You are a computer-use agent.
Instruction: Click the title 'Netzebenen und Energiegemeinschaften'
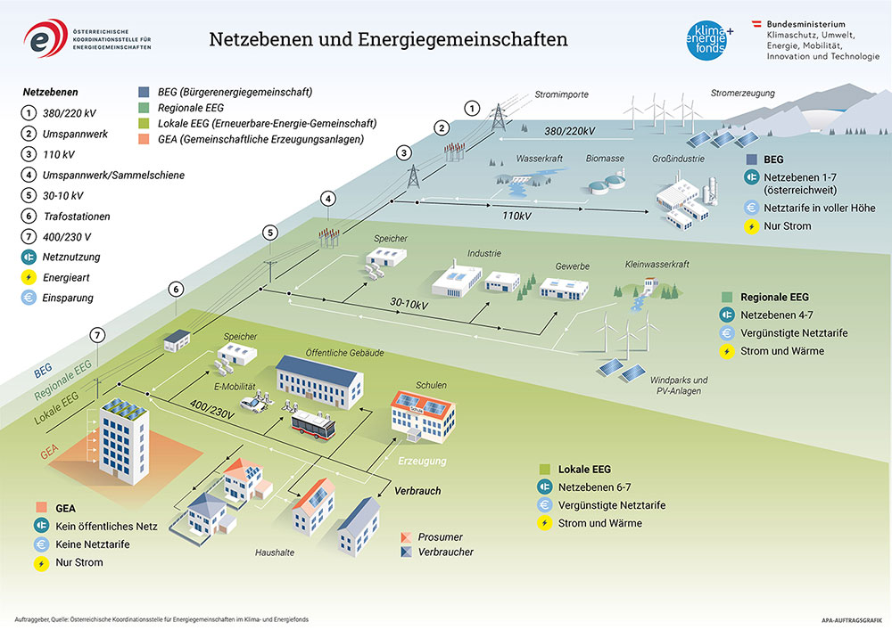(388, 40)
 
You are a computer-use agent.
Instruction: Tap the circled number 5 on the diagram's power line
(271, 233)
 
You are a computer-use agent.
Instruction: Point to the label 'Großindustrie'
(679, 159)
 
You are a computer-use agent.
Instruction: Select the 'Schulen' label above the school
(431, 385)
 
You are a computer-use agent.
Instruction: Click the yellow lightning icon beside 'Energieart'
(30, 278)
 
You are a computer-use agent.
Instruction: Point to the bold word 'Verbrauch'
(417, 491)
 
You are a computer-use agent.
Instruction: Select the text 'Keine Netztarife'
(93, 544)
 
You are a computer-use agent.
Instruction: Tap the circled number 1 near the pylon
(472, 108)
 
